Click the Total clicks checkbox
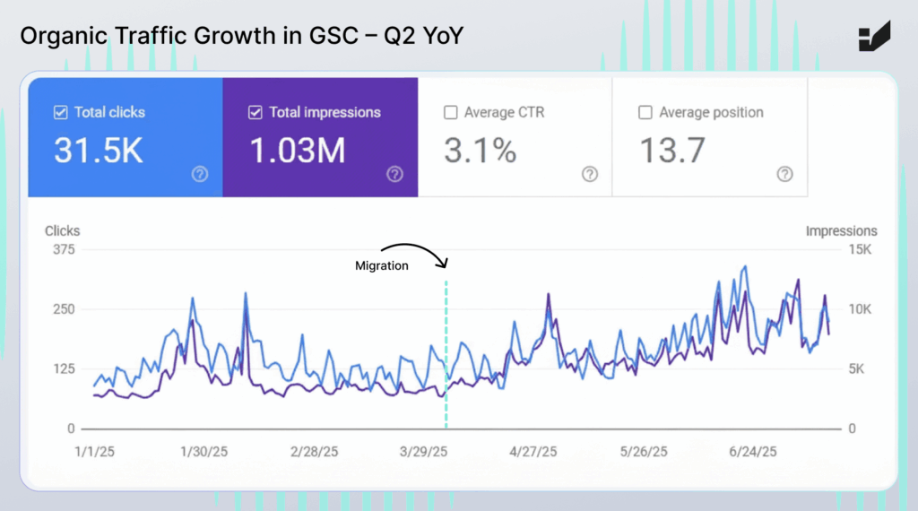(61, 113)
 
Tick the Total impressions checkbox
(255, 113)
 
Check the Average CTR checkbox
(451, 113)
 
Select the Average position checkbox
(645, 113)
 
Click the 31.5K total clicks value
(98, 151)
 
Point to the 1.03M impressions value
(297, 151)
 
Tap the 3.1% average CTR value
(481, 151)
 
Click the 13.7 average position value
(672, 151)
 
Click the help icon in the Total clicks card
(200, 174)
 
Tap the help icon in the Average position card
(784, 174)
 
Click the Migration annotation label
(382, 265)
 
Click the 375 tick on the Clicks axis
(63, 249)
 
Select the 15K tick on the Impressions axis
(861, 249)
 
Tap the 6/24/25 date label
(753, 452)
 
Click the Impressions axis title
(841, 231)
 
